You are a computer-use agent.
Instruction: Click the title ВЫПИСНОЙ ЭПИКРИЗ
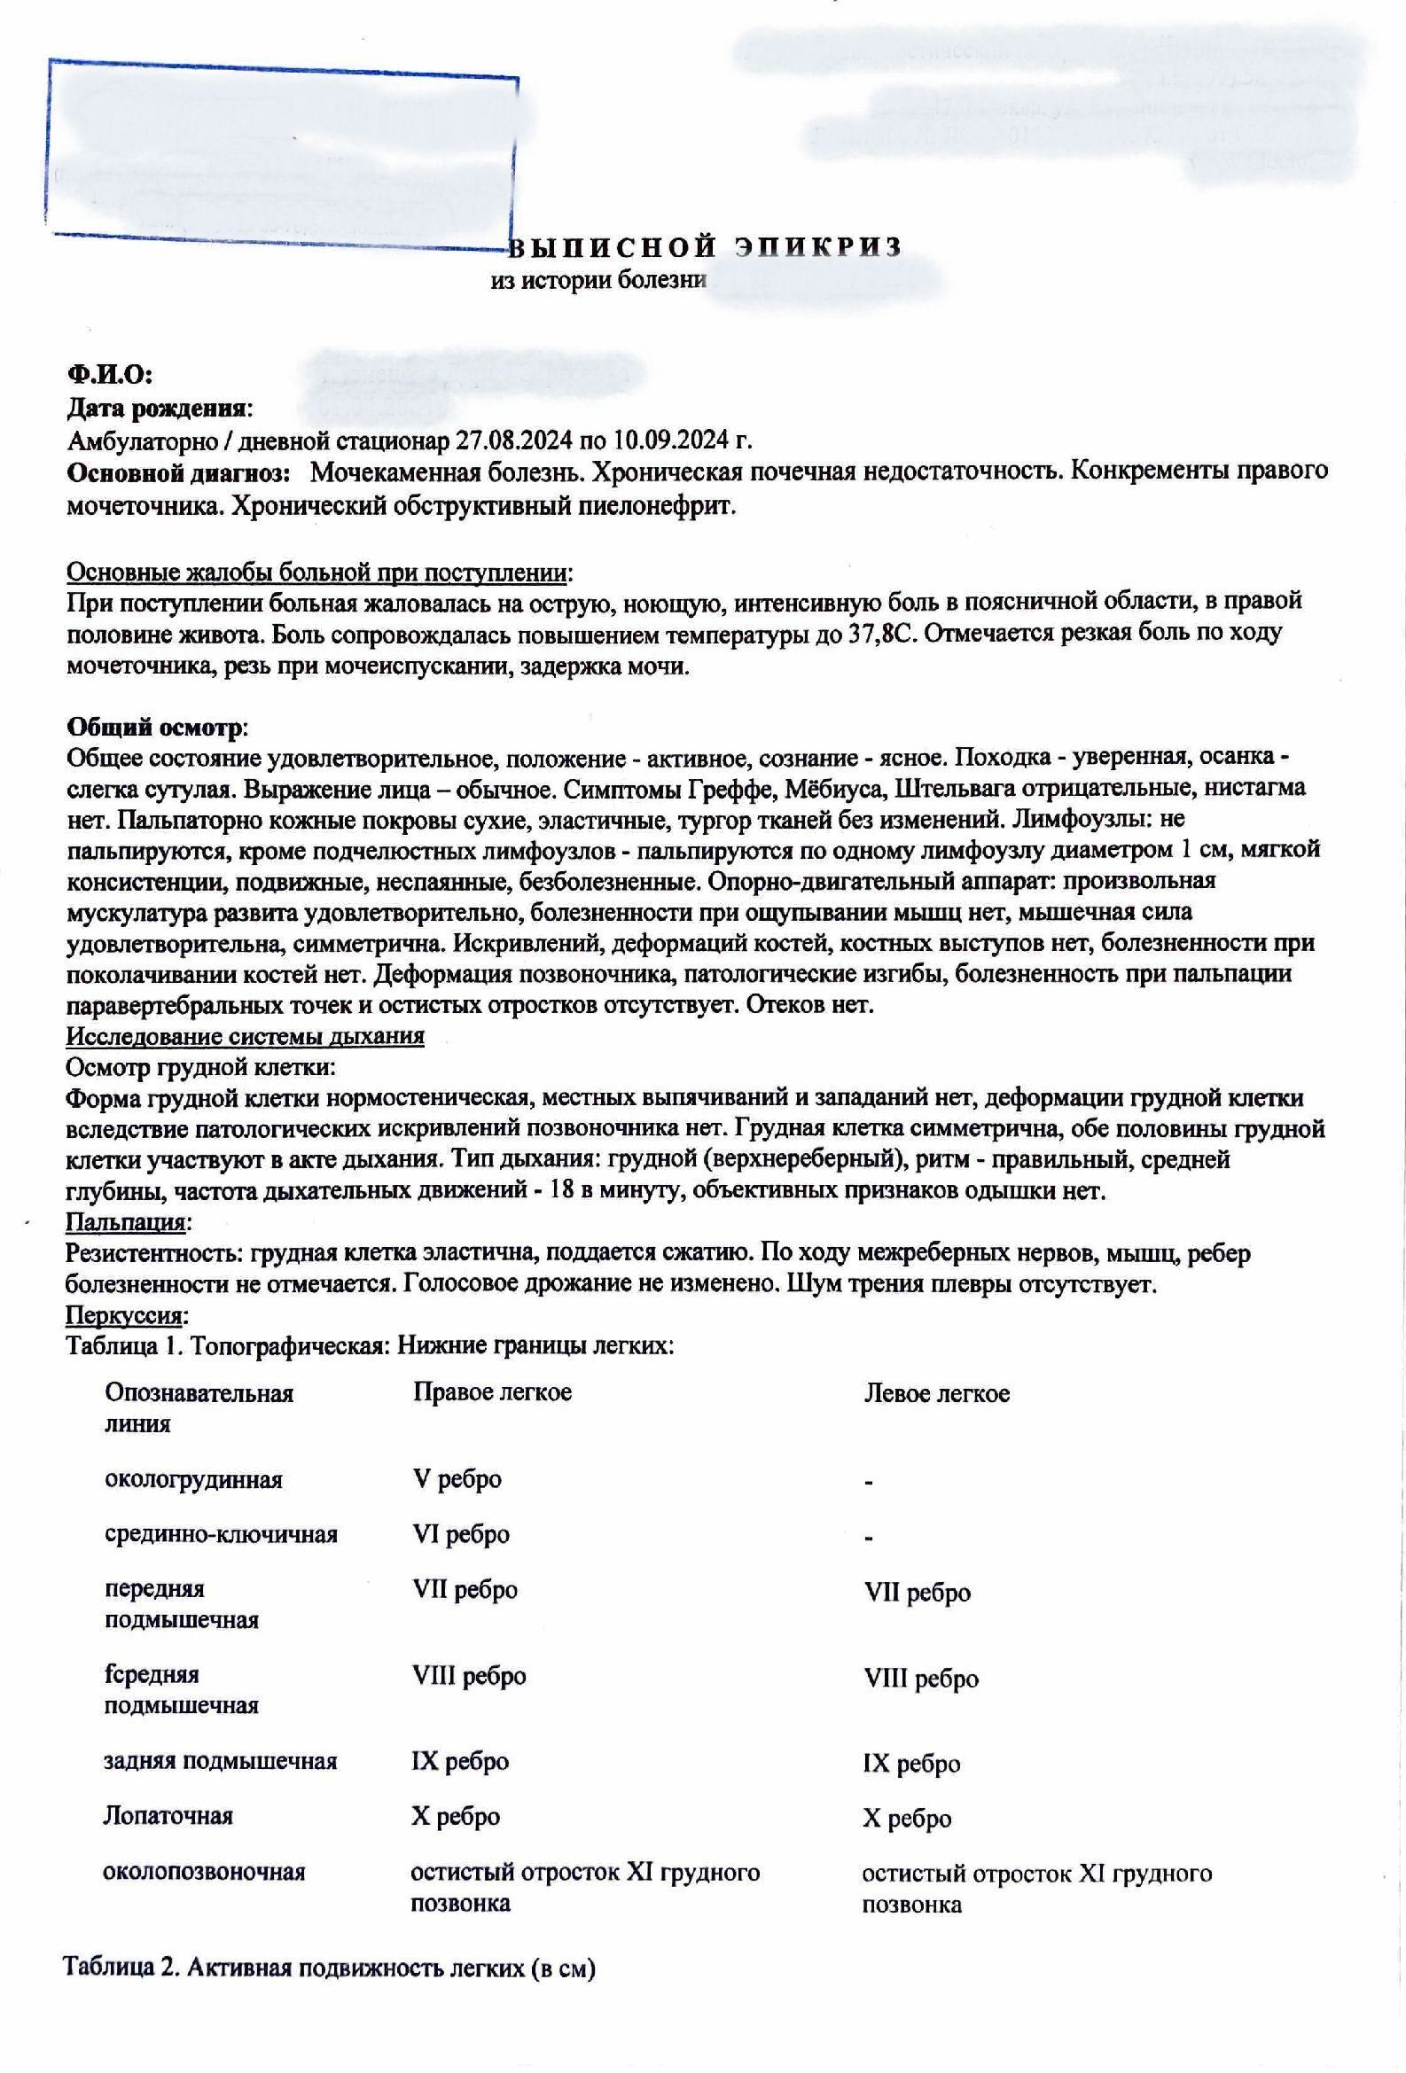[709, 246]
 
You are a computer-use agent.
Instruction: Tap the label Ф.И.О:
[111, 376]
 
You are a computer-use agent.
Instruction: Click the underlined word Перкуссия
[128, 1314]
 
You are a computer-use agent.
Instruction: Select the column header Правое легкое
[491, 1391]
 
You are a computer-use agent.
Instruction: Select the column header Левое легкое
[937, 1393]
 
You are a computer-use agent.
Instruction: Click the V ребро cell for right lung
[457, 1478]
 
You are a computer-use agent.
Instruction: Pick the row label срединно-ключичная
[222, 1534]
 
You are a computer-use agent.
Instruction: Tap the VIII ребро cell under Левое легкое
[921, 1679]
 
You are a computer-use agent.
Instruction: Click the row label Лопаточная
[168, 1815]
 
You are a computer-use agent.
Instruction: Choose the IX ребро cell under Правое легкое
[459, 1761]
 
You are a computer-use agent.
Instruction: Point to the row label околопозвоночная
[205, 1872]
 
